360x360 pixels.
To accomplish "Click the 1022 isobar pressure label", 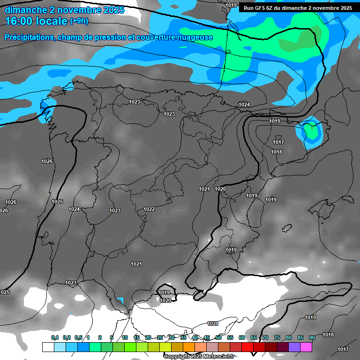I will [x=150, y=209].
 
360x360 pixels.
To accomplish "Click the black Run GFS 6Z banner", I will [x=298, y=8].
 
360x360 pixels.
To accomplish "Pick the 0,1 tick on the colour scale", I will [x=55, y=338].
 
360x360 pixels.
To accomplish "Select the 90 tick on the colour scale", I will [x=312, y=338].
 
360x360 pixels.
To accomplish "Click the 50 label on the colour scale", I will [x=218, y=338].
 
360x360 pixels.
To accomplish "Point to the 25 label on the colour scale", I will [x=160, y=338].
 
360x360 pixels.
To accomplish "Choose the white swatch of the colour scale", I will [x=48, y=347].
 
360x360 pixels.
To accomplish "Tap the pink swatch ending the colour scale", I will [x=306, y=347].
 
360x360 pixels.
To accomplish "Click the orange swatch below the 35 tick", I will [x=189, y=347].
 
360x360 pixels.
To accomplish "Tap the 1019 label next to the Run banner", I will [x=231, y=5].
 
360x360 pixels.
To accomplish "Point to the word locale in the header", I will [x=50, y=21].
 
